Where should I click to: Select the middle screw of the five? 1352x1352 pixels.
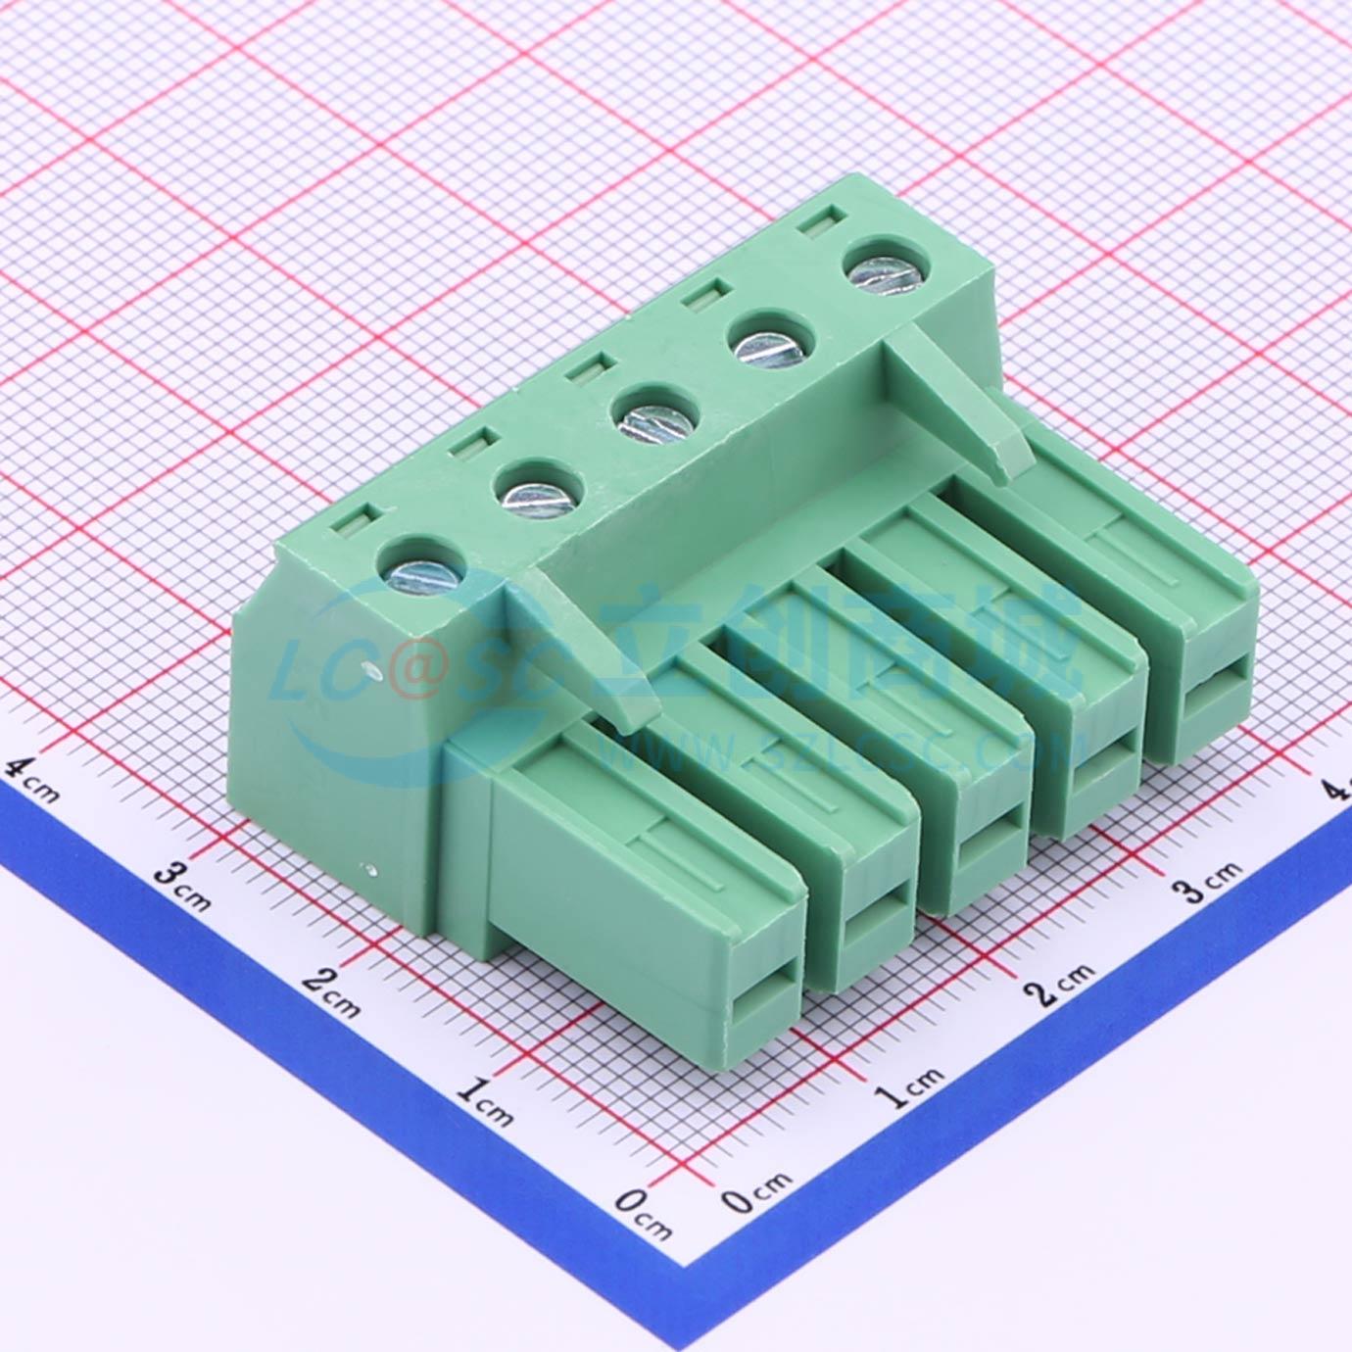653,416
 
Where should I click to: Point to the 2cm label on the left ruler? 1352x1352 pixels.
332,992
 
